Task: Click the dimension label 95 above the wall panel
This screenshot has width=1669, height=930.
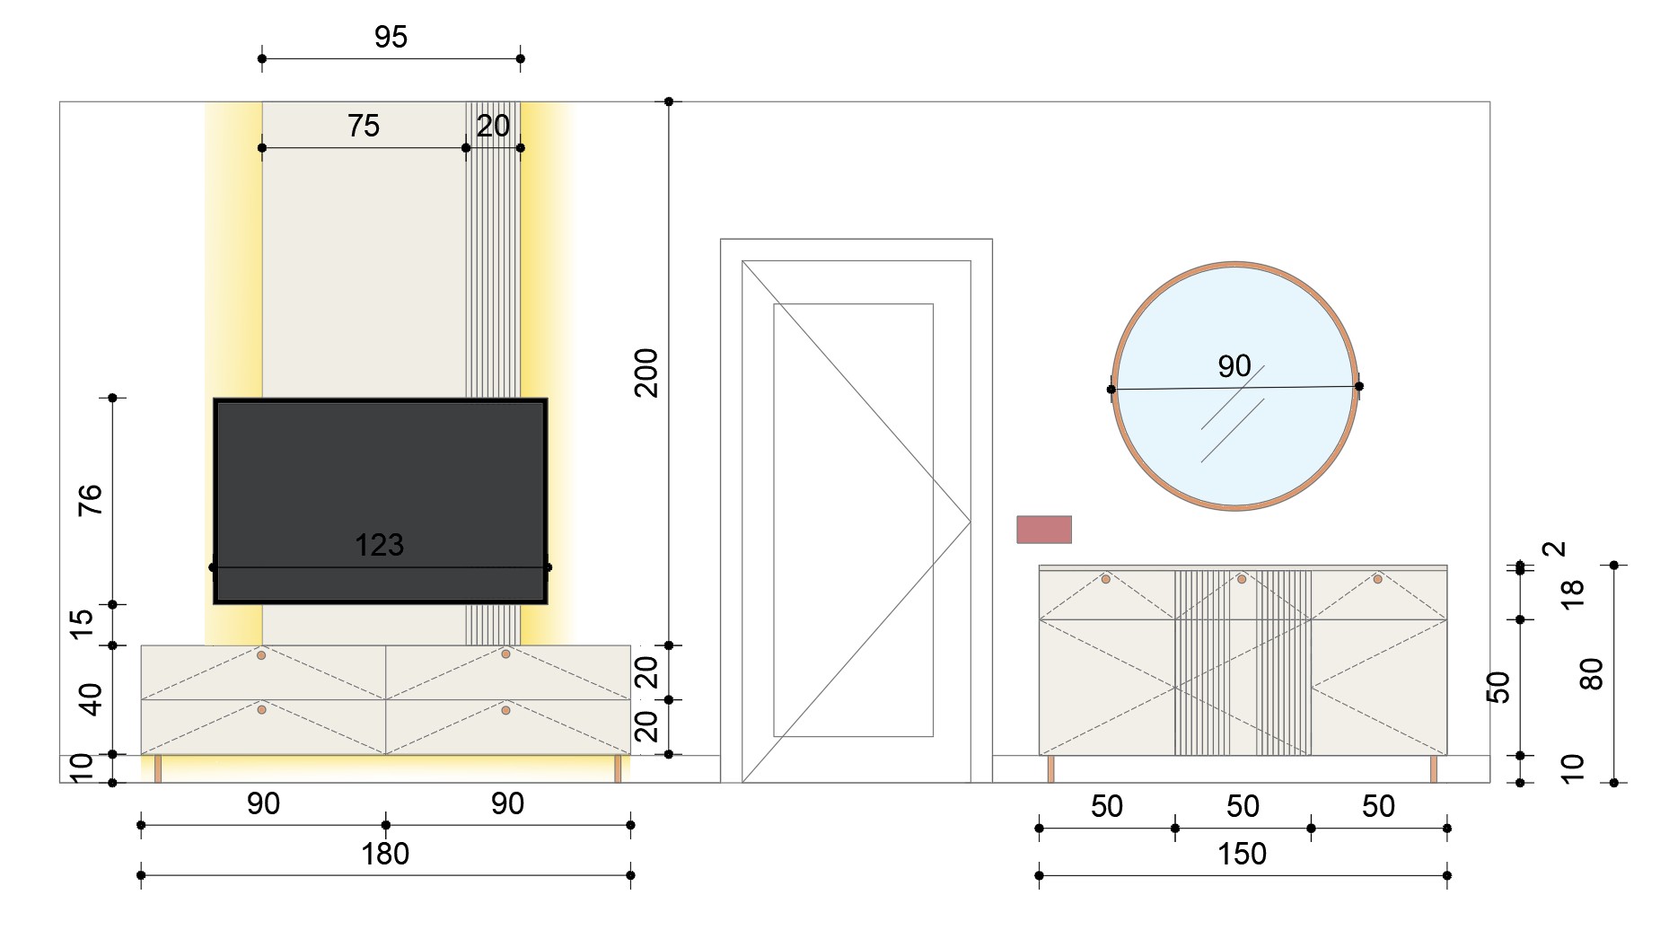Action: (x=391, y=37)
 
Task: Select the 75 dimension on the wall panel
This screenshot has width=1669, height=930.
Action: (x=364, y=126)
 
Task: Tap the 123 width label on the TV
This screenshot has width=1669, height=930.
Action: (x=379, y=545)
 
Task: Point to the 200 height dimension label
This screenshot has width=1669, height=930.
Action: (x=646, y=373)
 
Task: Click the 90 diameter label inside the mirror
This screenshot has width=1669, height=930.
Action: (x=1234, y=366)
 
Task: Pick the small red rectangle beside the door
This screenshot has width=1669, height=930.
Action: (x=1044, y=530)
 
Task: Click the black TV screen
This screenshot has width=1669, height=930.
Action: (x=381, y=501)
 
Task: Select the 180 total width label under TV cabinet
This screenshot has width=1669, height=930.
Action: (x=385, y=854)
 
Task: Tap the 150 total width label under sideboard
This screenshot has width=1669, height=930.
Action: (x=1242, y=854)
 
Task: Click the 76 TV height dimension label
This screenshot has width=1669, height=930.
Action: (x=91, y=500)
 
